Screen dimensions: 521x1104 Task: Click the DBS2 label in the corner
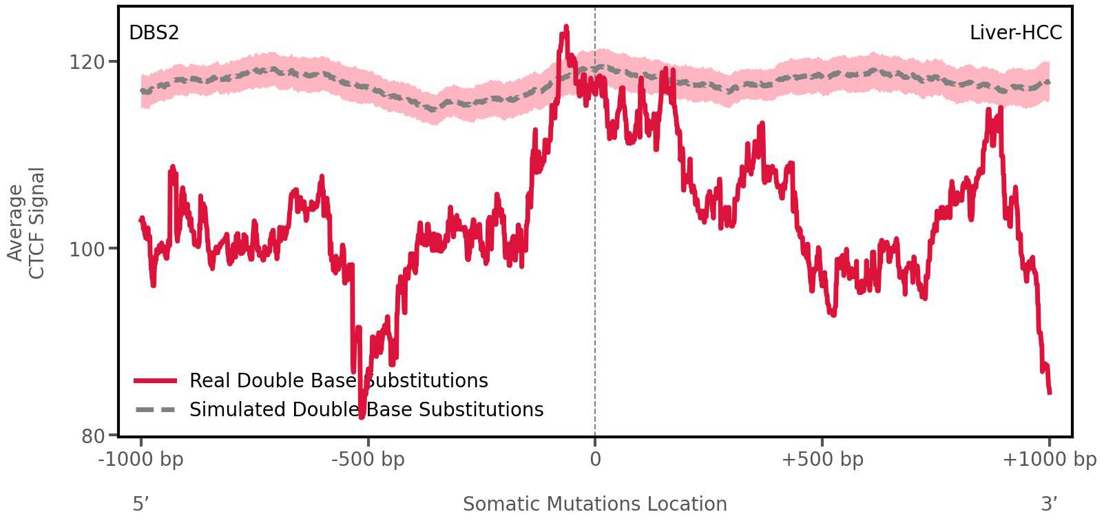coord(154,33)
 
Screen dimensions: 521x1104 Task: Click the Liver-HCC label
coord(1015,33)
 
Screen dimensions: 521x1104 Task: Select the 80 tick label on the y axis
coord(93,436)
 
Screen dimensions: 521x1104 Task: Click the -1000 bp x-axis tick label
coord(141,460)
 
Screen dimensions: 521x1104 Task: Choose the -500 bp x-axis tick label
coord(368,460)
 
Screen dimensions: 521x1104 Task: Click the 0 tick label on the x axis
coord(595,460)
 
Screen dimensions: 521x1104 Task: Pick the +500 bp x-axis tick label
coord(822,460)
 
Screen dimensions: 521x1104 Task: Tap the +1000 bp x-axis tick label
coord(1049,460)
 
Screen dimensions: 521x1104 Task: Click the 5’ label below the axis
coord(140,504)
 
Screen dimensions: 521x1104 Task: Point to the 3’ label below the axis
coord(1049,504)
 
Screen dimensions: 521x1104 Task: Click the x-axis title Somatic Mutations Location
coord(594,504)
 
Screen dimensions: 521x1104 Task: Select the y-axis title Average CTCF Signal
coord(26,223)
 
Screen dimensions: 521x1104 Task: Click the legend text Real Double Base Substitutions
coord(338,381)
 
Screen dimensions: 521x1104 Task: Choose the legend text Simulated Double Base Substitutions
coord(366,410)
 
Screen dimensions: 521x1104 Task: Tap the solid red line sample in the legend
coord(156,381)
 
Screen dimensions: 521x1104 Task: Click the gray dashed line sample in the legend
coord(156,410)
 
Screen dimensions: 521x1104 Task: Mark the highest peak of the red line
coord(566,28)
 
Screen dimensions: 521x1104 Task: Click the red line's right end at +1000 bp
coord(1049,392)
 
